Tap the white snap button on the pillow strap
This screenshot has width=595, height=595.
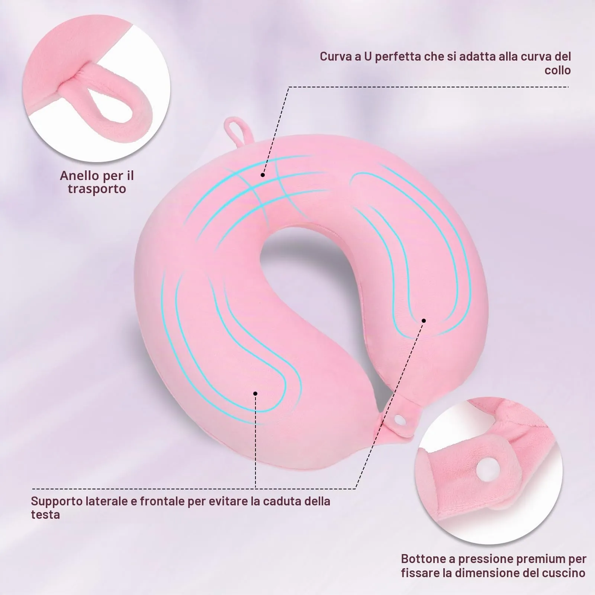(400, 420)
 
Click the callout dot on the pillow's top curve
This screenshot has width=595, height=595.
(263, 174)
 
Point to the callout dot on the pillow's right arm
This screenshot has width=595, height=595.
(424, 321)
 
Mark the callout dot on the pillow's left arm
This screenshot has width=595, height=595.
(255, 393)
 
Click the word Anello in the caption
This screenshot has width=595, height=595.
(78, 175)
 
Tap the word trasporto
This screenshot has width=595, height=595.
(97, 189)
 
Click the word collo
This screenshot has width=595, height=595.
(557, 70)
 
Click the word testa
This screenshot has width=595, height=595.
(45, 515)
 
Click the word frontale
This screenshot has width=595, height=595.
(162, 501)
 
